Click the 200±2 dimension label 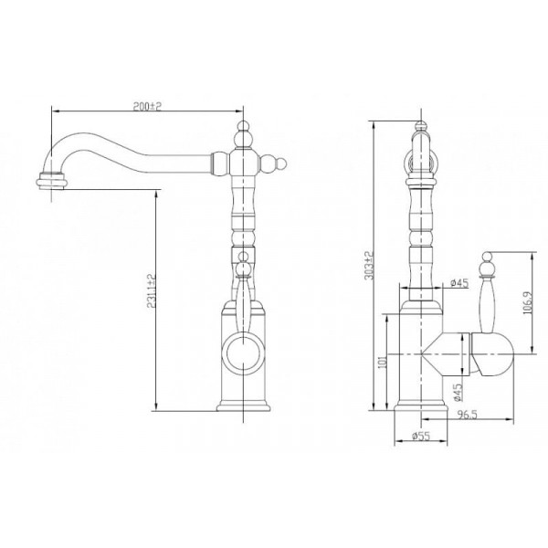click(x=147, y=106)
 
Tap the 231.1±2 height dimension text click(x=151, y=290)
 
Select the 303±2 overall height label click(x=369, y=266)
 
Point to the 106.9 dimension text click(x=527, y=302)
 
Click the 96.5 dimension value click(x=468, y=415)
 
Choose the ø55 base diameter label click(x=421, y=436)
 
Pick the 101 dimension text click(x=383, y=362)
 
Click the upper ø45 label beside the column click(x=459, y=283)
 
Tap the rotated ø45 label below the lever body click(x=458, y=392)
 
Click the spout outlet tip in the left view click(x=52, y=182)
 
